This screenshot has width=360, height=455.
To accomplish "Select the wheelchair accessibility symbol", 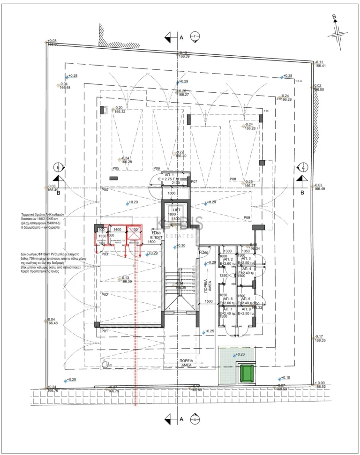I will point(106,363).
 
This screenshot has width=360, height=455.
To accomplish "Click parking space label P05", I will point(116,168).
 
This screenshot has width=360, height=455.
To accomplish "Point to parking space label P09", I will point(247,217).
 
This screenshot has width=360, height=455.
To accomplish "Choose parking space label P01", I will point(105,331).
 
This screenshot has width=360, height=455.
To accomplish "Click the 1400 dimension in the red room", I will point(117,230).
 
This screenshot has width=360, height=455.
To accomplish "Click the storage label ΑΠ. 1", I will point(170,175).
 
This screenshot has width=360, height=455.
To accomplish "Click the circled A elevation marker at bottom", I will point(195,419).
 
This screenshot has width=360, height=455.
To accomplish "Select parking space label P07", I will point(194,181).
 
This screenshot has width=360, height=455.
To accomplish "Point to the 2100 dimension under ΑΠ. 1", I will point(175,183).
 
